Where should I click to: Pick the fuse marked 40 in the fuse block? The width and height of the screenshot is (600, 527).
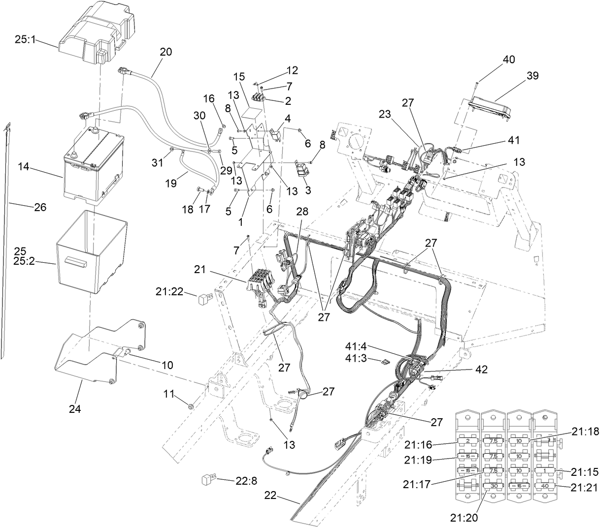click(544, 485)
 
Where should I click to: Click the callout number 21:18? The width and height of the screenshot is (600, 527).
click(586, 432)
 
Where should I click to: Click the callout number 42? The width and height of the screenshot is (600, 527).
click(482, 370)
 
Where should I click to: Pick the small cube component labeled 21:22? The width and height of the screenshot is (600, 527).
click(204, 299)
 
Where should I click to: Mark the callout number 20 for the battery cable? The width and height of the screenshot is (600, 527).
click(166, 52)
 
